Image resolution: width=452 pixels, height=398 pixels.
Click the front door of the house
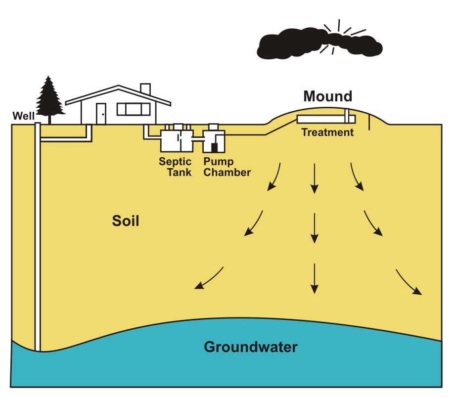point(101,113)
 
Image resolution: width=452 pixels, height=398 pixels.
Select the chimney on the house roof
point(145,89)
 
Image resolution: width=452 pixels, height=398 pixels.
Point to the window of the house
point(133,109)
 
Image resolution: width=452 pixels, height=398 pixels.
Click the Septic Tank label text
point(175,167)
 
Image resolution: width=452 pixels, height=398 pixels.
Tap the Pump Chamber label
point(227,167)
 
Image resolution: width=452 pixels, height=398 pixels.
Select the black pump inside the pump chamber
point(215,147)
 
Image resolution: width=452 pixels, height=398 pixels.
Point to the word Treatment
point(327,133)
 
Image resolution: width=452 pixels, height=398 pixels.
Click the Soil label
point(125,221)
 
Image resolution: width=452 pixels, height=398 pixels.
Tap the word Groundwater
point(251,347)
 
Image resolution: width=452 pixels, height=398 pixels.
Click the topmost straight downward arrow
point(314,177)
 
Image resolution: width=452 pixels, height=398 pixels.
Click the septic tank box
point(176,140)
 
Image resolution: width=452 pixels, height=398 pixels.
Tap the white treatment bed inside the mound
point(321,120)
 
